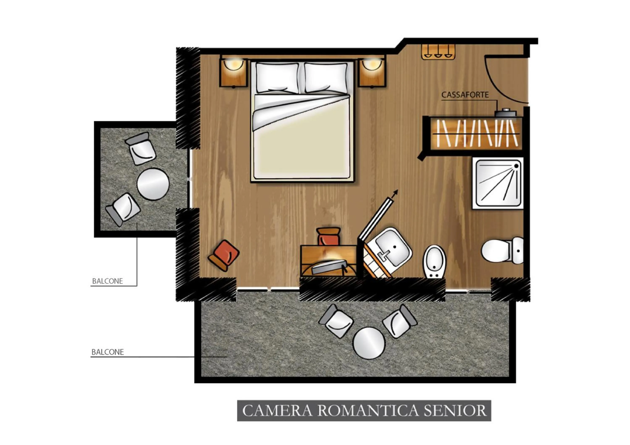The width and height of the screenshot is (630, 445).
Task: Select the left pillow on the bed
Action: (x=277, y=78)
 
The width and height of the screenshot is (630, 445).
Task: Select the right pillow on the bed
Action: (x=326, y=78)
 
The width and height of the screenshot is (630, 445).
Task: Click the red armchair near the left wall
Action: (x=224, y=255)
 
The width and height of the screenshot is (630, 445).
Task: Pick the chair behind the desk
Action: (x=328, y=236)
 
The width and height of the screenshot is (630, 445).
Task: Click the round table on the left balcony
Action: (x=153, y=184)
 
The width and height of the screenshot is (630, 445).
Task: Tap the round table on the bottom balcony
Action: (x=369, y=343)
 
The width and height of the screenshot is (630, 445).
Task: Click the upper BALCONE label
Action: (x=107, y=281)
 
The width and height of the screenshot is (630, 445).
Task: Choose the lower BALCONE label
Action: (x=107, y=352)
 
